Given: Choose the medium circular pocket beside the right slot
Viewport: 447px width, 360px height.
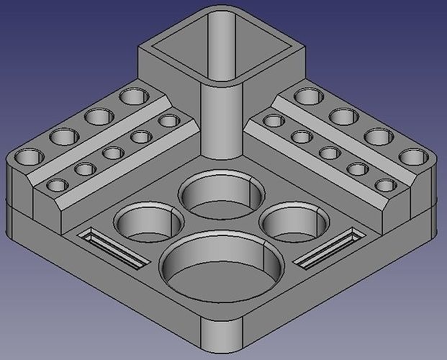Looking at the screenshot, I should point(295,220).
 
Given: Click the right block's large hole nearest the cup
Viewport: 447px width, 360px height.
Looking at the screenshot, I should point(308,95).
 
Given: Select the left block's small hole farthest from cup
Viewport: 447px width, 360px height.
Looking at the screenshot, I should point(55,186).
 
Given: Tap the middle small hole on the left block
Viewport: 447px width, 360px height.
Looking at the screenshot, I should point(112,153).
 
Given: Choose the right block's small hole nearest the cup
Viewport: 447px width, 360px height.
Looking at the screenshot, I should point(273,120).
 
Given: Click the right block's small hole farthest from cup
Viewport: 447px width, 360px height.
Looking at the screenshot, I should point(385,185).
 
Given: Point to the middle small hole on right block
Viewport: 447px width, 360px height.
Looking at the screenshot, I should point(330,153).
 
